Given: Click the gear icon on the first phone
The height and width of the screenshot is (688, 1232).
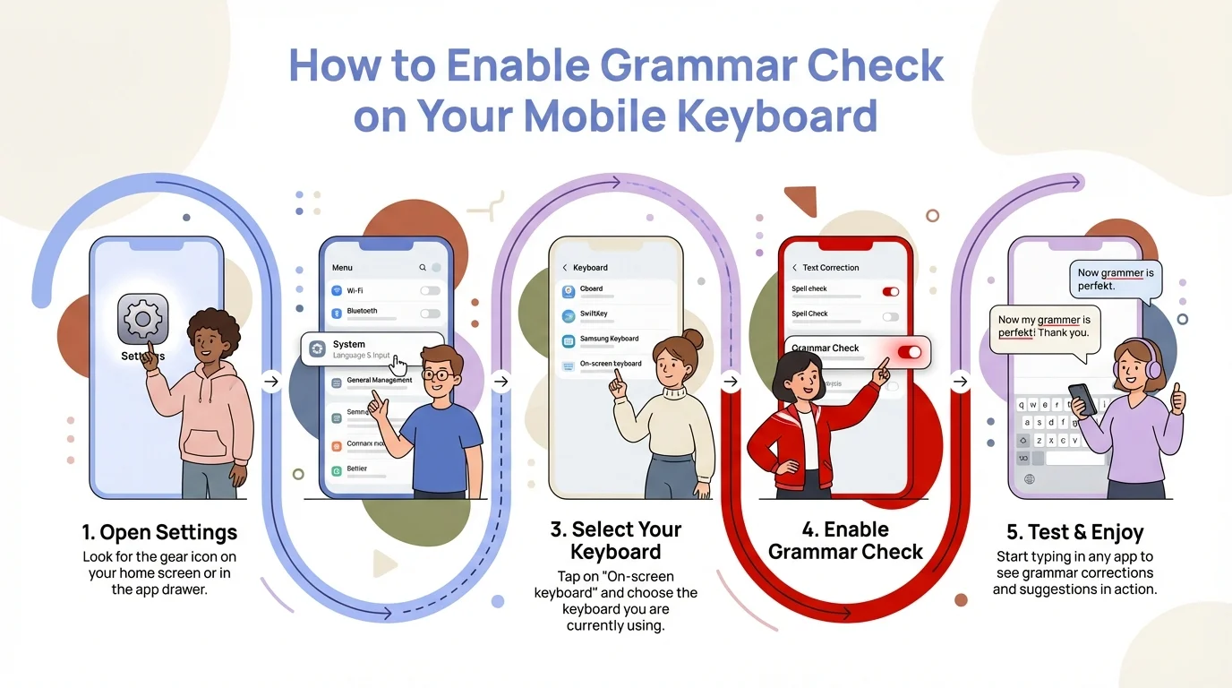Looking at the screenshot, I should tap(142, 319).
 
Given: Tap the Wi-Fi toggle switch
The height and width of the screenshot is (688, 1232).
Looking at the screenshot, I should tap(430, 291).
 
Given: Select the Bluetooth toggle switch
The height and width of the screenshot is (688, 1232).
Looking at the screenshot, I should tap(430, 314).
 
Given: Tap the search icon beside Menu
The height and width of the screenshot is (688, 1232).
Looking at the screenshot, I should tap(423, 268).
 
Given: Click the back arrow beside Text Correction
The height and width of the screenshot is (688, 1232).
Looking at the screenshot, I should tap(794, 268).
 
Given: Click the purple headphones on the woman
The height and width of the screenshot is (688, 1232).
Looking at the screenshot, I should tap(1153, 367).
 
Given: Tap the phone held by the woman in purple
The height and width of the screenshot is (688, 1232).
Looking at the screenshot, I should tap(1082, 399).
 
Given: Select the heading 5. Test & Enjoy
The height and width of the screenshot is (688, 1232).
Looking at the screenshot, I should tap(1074, 533).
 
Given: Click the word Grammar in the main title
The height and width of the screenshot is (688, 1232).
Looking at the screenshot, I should tap(695, 67).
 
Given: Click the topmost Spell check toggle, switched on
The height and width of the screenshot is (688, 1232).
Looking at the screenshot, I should tap(890, 291).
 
